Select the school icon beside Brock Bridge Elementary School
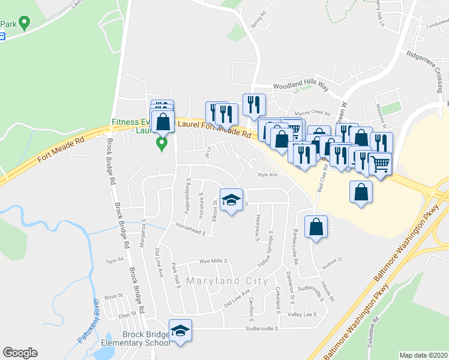tap(179, 331)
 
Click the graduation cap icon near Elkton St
tap(231, 200)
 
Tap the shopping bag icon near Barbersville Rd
tap(316, 227)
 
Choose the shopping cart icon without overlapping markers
tap(379, 163)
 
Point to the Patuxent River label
tap(88, 321)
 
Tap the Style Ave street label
tap(267, 175)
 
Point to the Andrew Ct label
tap(331, 260)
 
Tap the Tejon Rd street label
tap(113, 260)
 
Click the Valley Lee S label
tap(302, 314)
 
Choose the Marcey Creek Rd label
tap(313, 112)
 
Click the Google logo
tap(20, 353)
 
